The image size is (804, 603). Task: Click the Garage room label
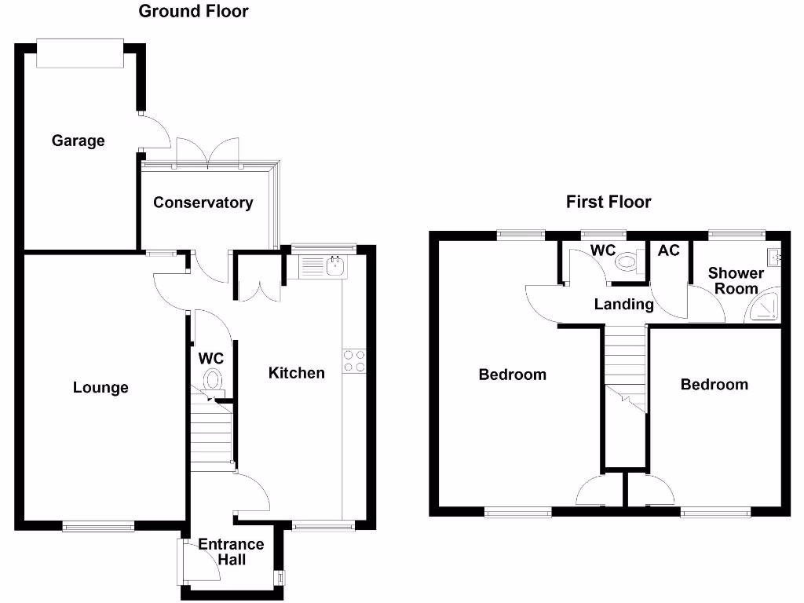coord(78,141)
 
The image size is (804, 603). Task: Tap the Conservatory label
coord(203,203)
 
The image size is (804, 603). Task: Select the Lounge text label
coord(100,388)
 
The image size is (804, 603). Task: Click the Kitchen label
coord(297,373)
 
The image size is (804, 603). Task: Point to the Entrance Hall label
coord(231,552)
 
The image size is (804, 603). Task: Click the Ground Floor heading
coord(193,11)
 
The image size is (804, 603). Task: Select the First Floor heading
coord(608,202)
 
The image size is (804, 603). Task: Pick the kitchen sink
coord(323,267)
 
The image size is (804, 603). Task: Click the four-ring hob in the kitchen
coord(354,360)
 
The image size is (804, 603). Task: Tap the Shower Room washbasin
coord(773,256)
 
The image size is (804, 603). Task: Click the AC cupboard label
coord(668,250)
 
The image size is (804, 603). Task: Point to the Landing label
coord(623,305)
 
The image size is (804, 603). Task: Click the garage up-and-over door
coord(80,53)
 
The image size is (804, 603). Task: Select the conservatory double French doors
coord(207,152)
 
